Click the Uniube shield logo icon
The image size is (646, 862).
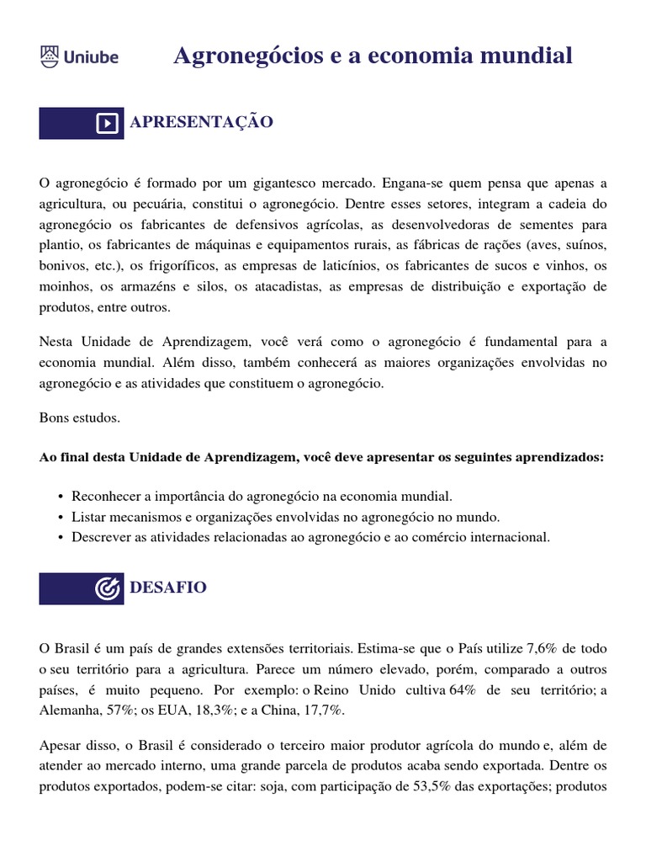click(50, 57)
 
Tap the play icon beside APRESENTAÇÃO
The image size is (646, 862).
click(108, 123)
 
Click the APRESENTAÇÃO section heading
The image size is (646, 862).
click(201, 122)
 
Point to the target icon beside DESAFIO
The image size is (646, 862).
click(108, 588)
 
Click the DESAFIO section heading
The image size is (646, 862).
click(167, 588)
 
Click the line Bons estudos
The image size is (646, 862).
click(80, 418)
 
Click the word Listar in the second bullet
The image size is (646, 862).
click(89, 517)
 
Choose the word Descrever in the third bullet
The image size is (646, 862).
click(102, 537)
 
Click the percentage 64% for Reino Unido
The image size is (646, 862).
click(463, 690)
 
